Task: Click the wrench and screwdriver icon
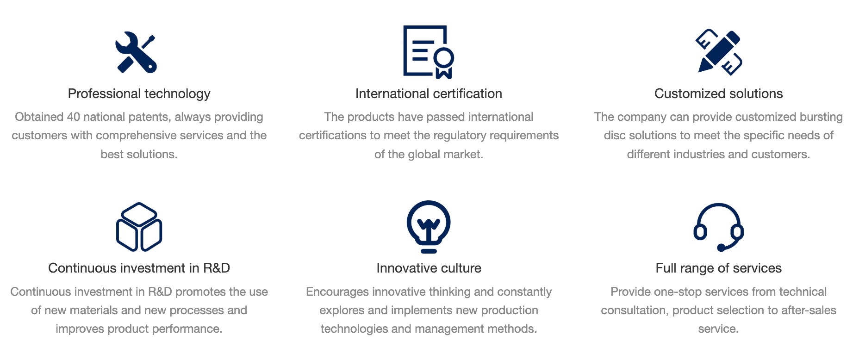pyautogui.click(x=136, y=52)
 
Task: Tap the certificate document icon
pyautogui.click(x=429, y=52)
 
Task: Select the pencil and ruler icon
pyautogui.click(x=719, y=52)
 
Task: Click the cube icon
pyautogui.click(x=139, y=227)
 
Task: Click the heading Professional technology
pyautogui.click(x=139, y=94)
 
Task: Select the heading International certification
pyautogui.click(x=429, y=94)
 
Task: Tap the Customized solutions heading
pyautogui.click(x=719, y=94)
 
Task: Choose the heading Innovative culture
pyautogui.click(x=429, y=268)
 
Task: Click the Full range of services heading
pyautogui.click(x=719, y=268)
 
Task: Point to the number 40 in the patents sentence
pyautogui.click(x=74, y=117)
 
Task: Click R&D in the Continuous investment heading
pyautogui.click(x=217, y=268)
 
